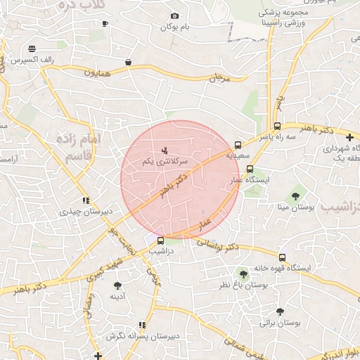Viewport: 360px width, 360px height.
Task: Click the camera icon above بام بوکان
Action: pos(175,16)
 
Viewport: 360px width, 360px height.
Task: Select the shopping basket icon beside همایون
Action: pos(128,62)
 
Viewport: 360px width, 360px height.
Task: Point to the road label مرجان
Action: pos(219,77)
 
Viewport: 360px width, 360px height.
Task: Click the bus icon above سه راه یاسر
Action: pos(277,126)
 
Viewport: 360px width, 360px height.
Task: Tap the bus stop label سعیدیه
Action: pos(239,157)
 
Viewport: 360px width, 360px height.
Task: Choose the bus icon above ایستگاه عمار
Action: pos(250,169)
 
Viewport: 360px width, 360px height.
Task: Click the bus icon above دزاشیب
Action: pos(161,240)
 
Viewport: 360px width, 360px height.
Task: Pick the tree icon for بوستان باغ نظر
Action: pos(243,274)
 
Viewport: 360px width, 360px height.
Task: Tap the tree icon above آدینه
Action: pos(117,285)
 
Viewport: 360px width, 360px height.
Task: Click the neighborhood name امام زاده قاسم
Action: pos(83,148)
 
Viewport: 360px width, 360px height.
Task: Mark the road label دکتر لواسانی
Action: pos(217,244)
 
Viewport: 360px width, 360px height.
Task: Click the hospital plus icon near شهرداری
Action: pos(350,137)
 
